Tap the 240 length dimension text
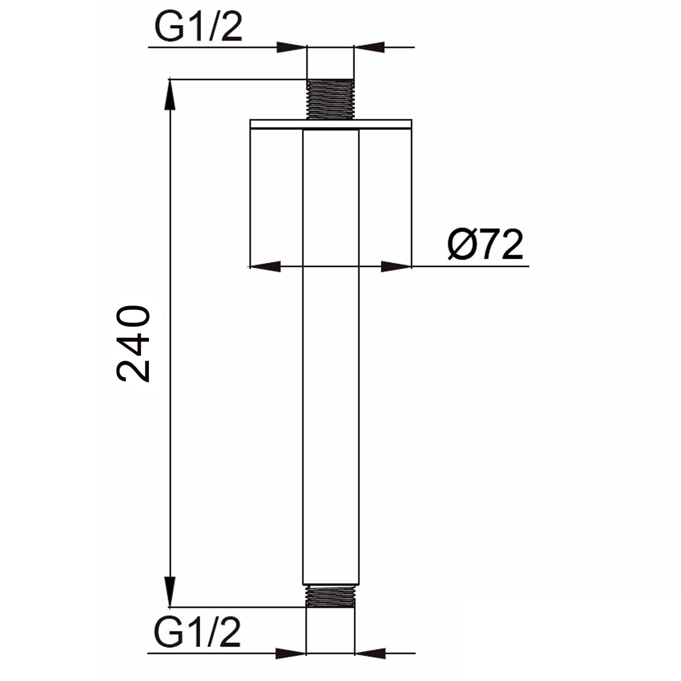click(x=133, y=344)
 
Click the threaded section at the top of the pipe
click(x=330, y=99)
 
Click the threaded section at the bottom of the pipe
click(x=330, y=596)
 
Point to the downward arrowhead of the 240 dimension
click(x=170, y=591)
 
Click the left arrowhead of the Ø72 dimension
click(x=266, y=266)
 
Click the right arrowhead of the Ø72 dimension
click(x=396, y=266)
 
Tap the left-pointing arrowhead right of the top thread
click(x=369, y=47)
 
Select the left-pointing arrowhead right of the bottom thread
click(x=369, y=653)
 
